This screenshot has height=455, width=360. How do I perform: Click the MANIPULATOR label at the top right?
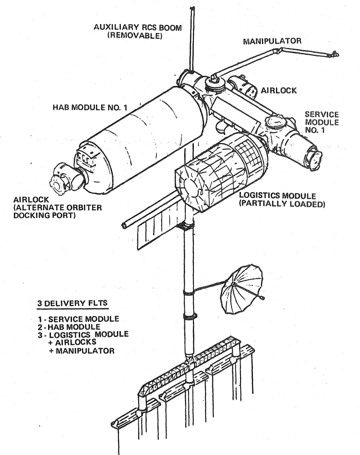[x=272, y=41]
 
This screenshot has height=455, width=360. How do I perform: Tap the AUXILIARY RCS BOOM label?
[x=138, y=28]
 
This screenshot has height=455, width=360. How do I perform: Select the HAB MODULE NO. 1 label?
[x=90, y=107]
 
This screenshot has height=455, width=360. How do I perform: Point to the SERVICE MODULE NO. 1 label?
[x=322, y=122]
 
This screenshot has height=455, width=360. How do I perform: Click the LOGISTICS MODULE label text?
[x=277, y=196]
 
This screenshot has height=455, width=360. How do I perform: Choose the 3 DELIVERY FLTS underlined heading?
[x=72, y=303]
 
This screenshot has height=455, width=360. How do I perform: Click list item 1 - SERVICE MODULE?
[x=78, y=319]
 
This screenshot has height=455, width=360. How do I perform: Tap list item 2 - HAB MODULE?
[x=69, y=327]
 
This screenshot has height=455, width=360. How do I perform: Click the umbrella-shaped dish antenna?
[x=241, y=289]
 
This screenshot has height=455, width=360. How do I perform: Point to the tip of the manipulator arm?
[x=336, y=54]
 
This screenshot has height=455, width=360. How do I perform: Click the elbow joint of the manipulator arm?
[x=276, y=52]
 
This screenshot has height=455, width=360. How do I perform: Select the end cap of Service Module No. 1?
[x=314, y=160]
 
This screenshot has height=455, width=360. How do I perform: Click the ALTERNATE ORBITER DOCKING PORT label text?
[x=58, y=212]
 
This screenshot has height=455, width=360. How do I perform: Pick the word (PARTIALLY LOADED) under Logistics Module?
[x=282, y=204]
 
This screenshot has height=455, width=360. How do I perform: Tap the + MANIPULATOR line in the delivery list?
[x=81, y=351]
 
